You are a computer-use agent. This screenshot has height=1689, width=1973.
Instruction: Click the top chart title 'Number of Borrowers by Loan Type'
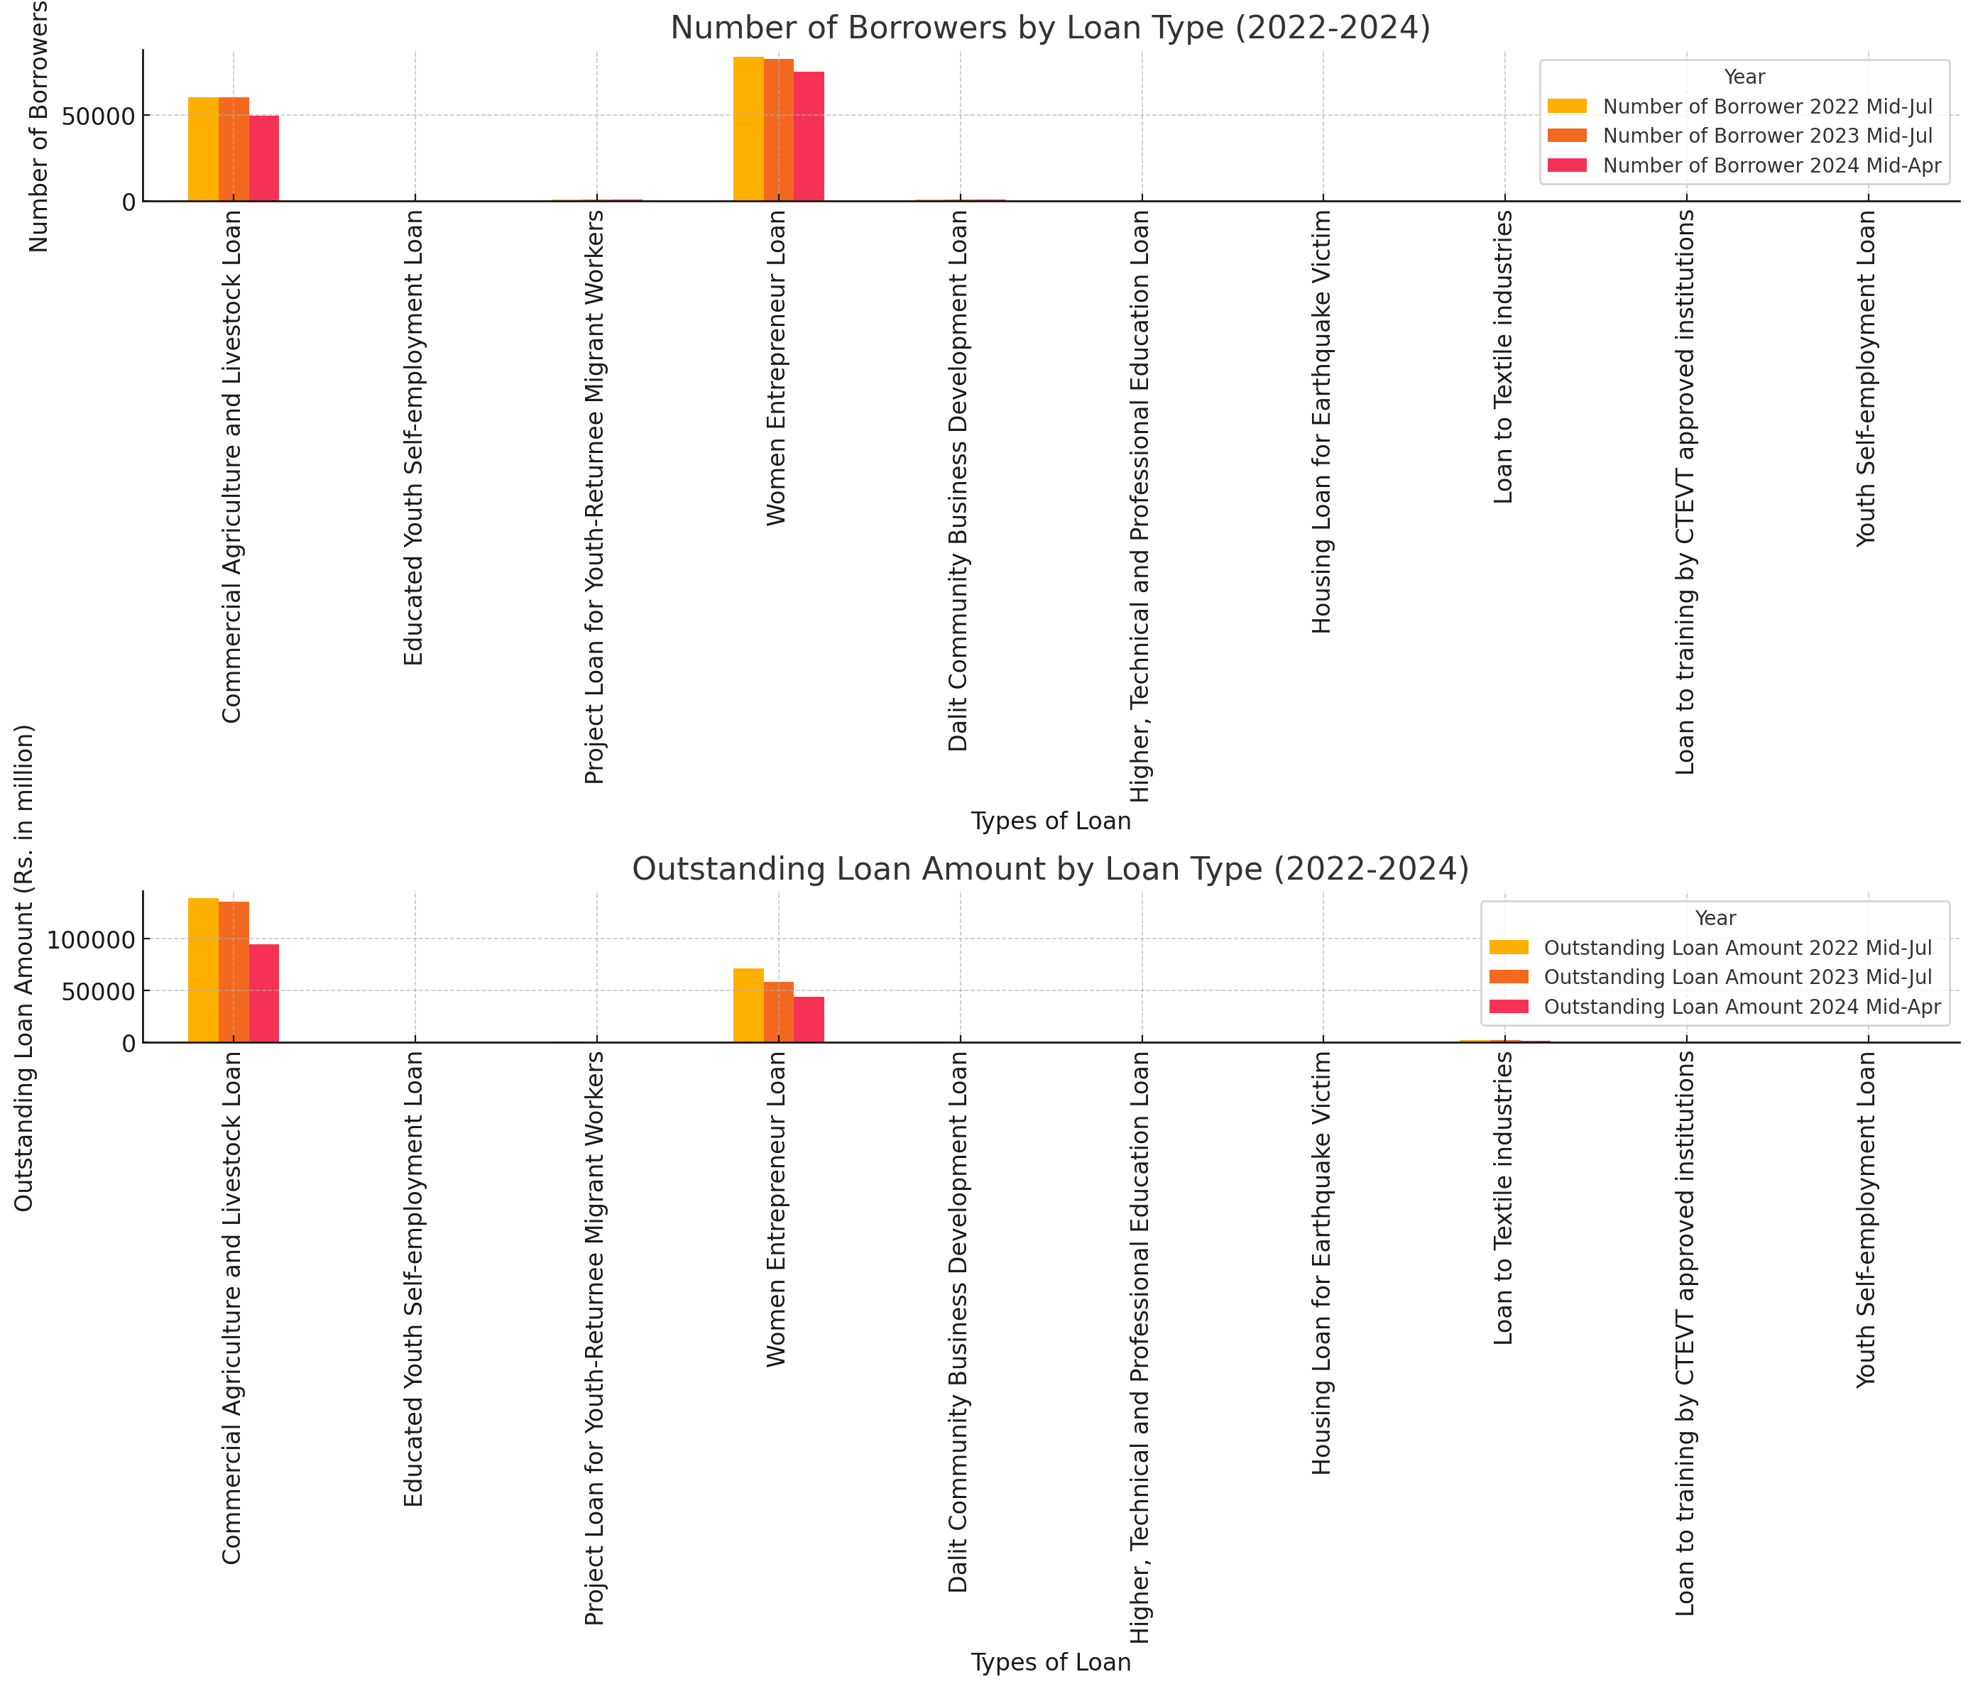[1049, 28]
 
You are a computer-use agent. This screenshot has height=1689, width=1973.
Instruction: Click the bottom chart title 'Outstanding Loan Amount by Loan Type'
[1049, 869]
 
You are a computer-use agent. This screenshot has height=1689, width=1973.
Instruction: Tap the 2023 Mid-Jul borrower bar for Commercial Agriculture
[234, 150]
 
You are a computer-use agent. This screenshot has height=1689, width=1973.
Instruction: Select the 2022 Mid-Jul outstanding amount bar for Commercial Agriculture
[203, 971]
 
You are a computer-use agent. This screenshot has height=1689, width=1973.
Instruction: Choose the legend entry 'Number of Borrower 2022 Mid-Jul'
[1767, 106]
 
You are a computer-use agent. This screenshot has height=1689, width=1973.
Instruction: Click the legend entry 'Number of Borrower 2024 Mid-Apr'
[1771, 165]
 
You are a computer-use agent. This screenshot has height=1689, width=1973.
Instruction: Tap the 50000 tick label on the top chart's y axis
[99, 117]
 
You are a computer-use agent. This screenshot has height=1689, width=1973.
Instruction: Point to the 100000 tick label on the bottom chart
[90, 941]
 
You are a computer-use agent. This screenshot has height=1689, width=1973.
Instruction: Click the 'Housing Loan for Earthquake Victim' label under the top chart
[1322, 422]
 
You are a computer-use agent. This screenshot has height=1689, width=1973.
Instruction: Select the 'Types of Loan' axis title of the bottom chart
[1050, 1662]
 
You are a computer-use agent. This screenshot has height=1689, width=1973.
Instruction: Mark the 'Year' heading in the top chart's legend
[1744, 77]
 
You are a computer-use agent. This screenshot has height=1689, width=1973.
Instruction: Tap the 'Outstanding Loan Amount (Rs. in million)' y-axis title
[25, 968]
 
